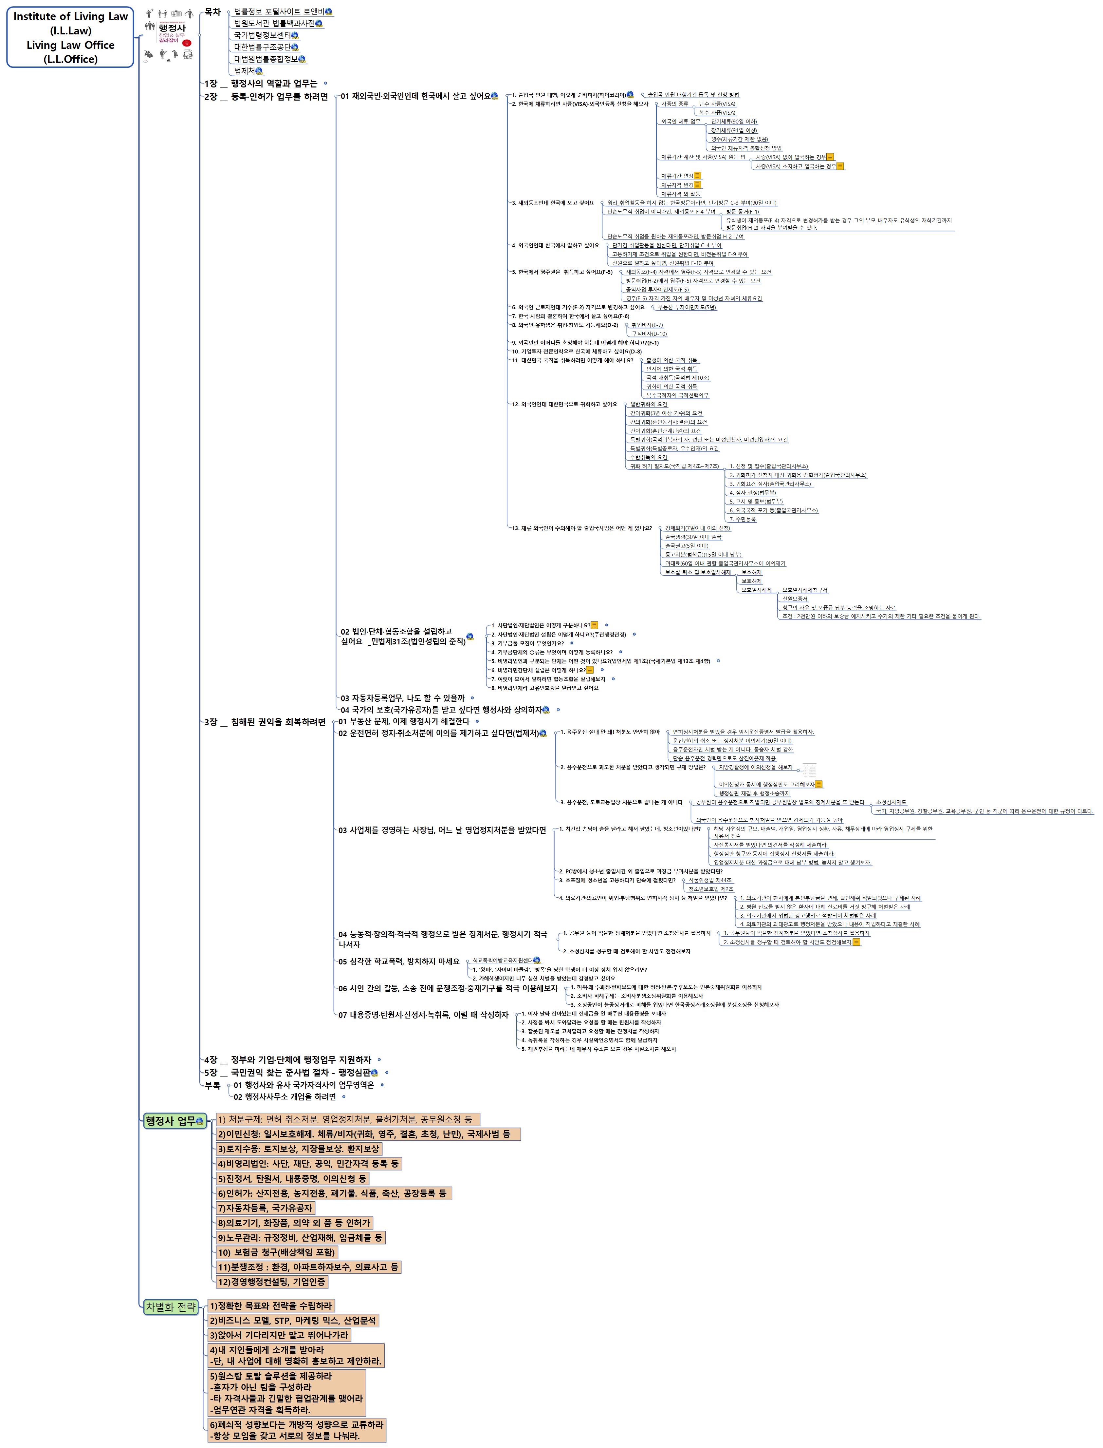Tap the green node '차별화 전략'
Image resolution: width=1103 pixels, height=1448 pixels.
point(171,1307)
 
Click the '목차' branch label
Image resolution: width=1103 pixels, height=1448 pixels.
point(212,12)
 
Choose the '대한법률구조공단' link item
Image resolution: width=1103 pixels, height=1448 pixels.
point(262,47)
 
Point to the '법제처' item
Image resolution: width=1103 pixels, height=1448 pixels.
point(244,71)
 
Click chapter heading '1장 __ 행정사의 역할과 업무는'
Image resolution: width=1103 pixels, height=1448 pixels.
point(261,84)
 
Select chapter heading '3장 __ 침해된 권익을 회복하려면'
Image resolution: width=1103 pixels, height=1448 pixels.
point(265,722)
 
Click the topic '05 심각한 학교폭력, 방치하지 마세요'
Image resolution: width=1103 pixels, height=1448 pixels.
point(398,961)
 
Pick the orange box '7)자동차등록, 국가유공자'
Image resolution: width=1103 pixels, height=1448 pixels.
point(265,1208)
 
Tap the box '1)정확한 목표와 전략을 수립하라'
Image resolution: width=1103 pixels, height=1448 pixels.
point(270,1305)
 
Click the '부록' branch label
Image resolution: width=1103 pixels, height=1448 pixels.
point(212,1085)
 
